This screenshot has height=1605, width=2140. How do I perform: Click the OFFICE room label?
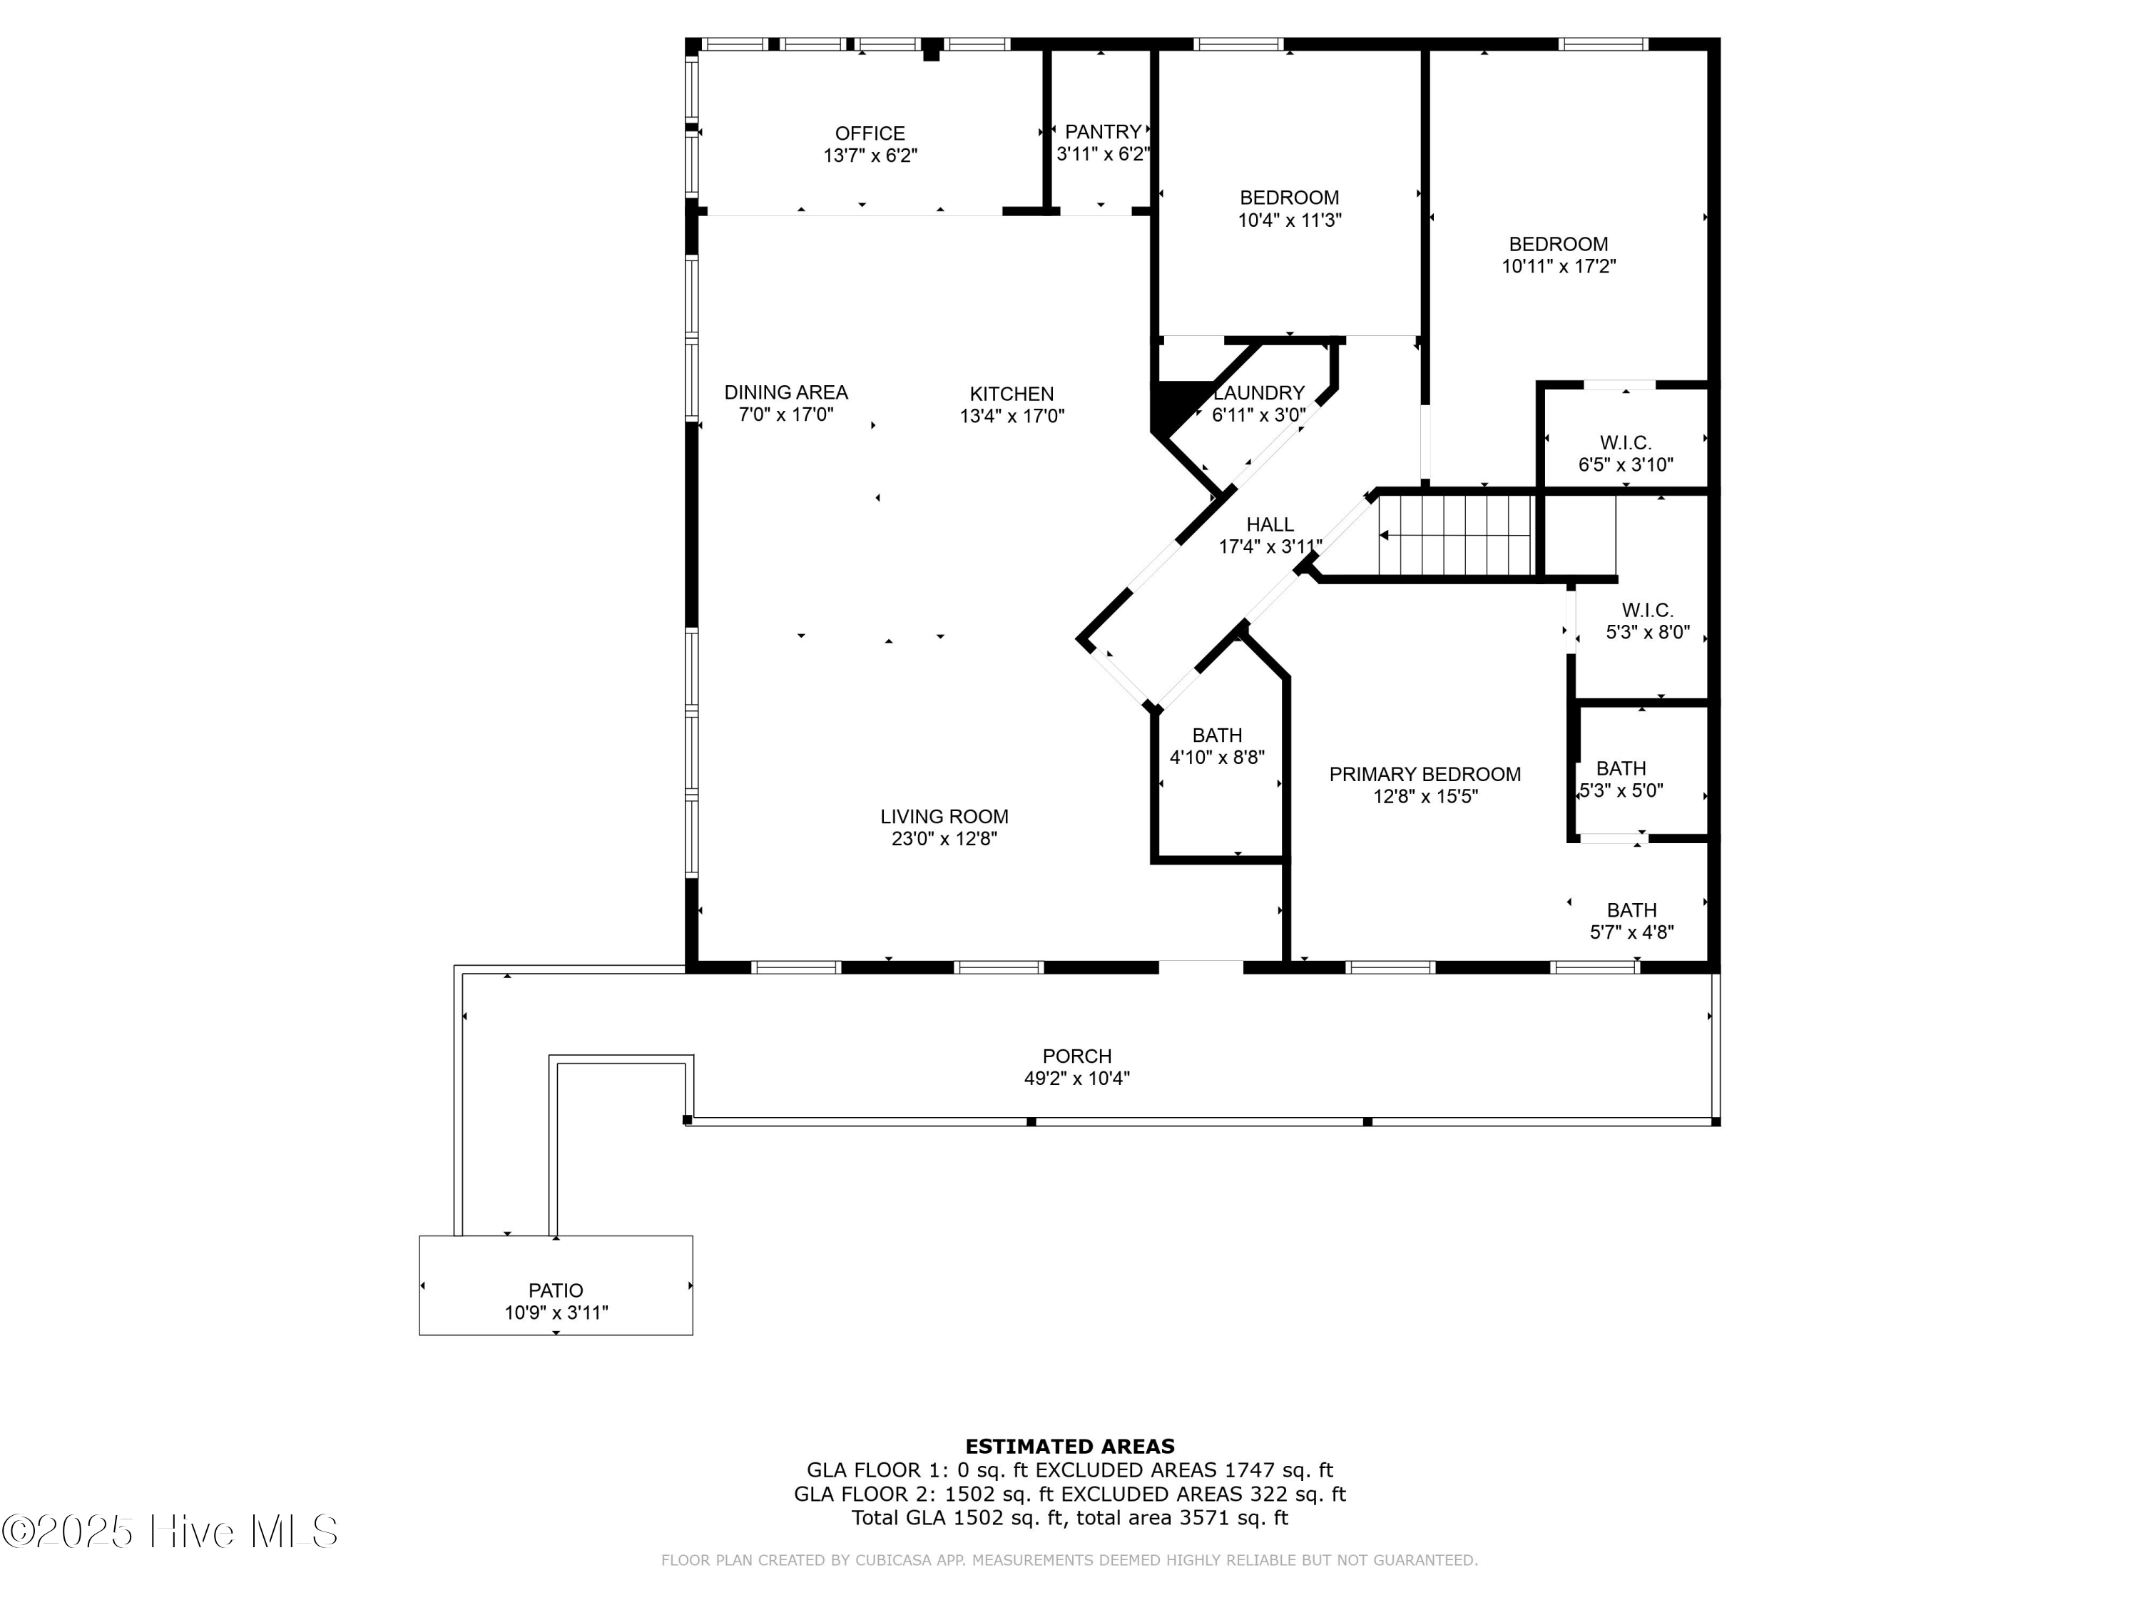(870, 133)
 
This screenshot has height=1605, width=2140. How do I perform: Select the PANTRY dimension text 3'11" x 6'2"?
(1103, 154)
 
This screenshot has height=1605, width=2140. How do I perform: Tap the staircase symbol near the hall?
(1456, 535)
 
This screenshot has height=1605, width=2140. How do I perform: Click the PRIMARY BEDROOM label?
(1424, 774)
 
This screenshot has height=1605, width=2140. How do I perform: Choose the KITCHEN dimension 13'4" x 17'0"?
(1012, 416)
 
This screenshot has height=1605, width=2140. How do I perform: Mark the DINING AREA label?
(785, 392)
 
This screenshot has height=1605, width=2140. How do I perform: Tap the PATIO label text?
(555, 1290)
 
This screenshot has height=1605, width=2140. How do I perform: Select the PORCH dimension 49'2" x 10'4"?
(1076, 1079)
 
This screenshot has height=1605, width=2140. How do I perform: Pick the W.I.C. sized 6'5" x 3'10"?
(1625, 453)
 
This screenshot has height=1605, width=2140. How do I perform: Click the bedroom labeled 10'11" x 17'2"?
(1558, 255)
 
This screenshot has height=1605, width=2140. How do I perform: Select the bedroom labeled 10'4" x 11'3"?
(1289, 208)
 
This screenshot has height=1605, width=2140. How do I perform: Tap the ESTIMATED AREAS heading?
(1069, 1447)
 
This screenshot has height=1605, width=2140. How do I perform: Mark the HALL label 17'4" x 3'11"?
(1269, 535)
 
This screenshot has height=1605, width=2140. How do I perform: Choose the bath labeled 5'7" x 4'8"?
(1631, 921)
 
